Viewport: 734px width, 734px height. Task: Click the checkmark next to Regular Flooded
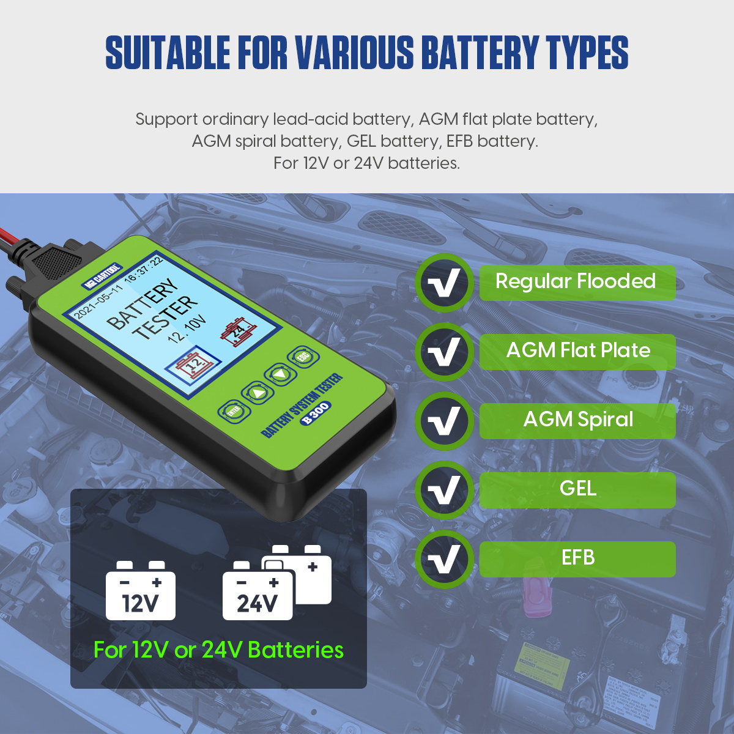click(444, 283)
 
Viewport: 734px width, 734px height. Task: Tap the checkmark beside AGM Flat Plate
click(444, 352)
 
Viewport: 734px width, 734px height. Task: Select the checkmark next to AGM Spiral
click(444, 421)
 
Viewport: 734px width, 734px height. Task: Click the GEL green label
click(577, 489)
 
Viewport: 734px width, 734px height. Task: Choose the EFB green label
click(577, 558)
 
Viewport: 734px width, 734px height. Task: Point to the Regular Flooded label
click(576, 282)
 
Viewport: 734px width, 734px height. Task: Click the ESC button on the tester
click(302, 357)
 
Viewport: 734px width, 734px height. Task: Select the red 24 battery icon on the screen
click(235, 331)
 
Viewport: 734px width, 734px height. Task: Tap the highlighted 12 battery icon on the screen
click(193, 365)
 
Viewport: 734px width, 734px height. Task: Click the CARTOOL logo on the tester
click(102, 276)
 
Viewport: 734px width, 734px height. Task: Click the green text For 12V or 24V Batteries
click(218, 650)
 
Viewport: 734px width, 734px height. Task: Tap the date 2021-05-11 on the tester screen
click(98, 302)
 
